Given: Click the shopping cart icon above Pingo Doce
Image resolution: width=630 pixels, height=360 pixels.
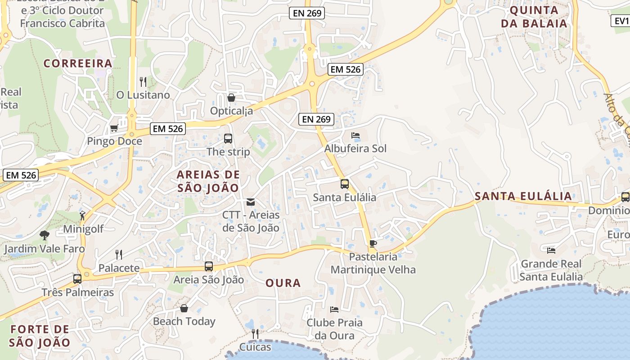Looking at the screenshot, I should coord(114,128).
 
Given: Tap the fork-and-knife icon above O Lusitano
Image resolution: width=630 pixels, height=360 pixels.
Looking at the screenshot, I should coord(143,82).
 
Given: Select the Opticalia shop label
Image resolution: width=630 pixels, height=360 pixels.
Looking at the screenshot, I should coord(232,111).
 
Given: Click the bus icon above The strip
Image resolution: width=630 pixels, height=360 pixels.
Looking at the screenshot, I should coord(228,139).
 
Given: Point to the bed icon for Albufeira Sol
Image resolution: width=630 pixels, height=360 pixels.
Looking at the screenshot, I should coord(355,135).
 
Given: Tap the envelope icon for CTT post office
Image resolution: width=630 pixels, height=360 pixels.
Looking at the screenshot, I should coord(251,202).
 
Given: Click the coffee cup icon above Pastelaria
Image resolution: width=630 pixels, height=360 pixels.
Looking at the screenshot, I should coord(373,244).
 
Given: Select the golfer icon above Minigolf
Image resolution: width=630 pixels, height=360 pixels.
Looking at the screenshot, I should coord(82,215).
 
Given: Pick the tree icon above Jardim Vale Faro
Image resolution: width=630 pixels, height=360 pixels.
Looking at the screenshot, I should coord(44,235).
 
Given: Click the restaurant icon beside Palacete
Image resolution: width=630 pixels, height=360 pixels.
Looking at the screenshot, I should coord(119,255).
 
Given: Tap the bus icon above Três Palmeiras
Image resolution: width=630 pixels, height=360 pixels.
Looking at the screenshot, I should coord(77,279).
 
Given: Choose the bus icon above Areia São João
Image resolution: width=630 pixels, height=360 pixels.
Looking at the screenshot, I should coord(208,266).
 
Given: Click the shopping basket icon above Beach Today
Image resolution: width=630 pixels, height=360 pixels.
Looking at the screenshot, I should coord(184,308).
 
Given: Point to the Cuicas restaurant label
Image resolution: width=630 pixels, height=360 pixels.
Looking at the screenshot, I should coord(255,347).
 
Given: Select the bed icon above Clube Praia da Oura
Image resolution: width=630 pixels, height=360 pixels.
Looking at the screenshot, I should coord(334,310).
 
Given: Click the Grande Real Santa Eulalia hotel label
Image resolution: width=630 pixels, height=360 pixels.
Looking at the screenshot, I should coord(551,270).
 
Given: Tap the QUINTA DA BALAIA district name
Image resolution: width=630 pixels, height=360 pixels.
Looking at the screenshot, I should coord(534,17).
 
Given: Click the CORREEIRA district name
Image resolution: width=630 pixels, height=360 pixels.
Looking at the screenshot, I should coord(78,63).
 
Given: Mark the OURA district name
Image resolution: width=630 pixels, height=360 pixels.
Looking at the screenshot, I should coord(283,283).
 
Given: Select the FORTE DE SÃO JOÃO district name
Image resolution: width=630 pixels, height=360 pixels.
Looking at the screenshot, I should coord(40,336).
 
